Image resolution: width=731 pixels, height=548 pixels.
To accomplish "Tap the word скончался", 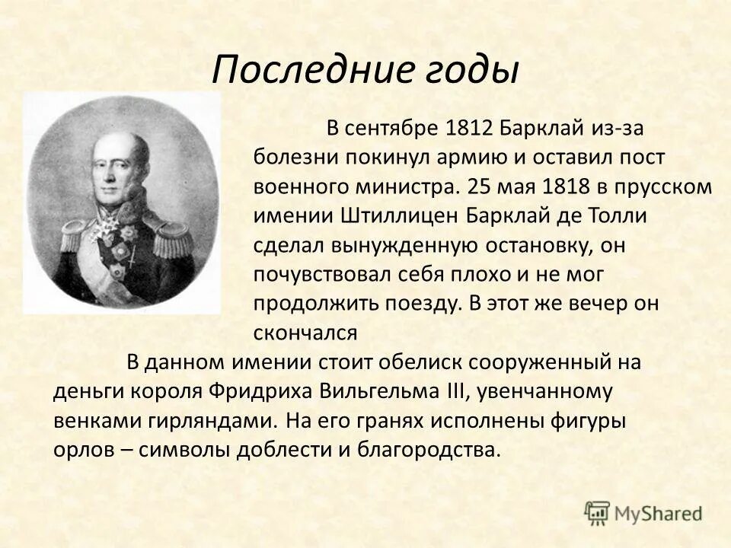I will tap(305, 332).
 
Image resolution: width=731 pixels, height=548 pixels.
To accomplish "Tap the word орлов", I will tap(81, 450).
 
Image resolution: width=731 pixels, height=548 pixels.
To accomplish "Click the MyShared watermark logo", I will tap(643, 513).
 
